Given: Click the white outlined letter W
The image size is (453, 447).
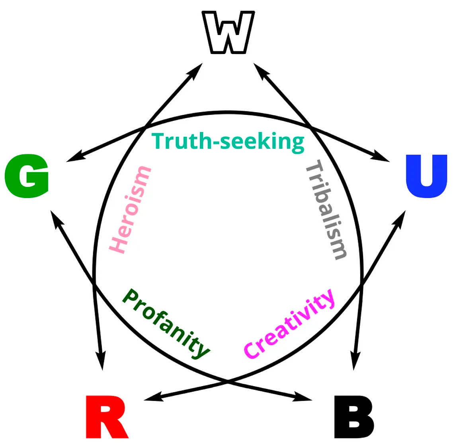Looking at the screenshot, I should click(228, 33).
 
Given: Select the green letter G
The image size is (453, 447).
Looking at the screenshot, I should click(27, 176).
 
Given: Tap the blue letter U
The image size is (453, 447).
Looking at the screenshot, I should click(426, 176).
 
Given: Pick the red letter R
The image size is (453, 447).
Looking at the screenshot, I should click(106, 416).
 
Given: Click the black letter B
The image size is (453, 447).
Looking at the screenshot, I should click(353, 416).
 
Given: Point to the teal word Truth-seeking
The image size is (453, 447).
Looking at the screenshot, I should click(228, 142).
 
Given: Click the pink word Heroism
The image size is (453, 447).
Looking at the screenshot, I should click(130, 210).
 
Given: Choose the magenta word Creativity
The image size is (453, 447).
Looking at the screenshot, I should click(289, 323).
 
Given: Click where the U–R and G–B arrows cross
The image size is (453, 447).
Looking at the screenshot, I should click(227, 382).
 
